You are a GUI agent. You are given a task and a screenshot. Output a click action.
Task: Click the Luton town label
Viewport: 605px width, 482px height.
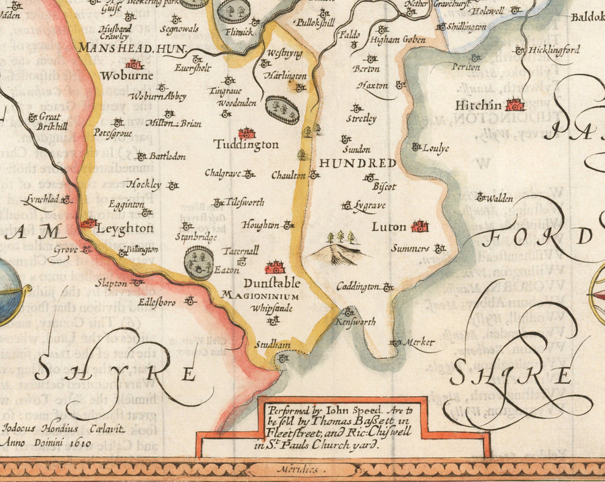tap(389, 228)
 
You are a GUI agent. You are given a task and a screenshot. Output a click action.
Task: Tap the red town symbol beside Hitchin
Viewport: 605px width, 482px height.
tap(515, 105)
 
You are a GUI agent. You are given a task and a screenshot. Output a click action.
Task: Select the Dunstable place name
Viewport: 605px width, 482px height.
tap(268, 283)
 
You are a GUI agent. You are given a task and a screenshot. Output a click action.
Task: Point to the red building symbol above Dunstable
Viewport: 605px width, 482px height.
tap(274, 267)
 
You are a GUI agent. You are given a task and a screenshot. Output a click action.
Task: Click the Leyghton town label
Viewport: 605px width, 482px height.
tap(126, 228)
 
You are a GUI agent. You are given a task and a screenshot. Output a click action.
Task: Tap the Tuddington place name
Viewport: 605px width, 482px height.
tap(246, 144)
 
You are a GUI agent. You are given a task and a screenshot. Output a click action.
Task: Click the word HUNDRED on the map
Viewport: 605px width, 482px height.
tap(357, 163)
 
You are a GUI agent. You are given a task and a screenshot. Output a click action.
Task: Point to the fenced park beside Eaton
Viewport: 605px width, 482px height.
tap(199, 262)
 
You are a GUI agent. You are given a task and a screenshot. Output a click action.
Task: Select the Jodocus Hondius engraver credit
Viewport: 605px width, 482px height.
tap(40, 428)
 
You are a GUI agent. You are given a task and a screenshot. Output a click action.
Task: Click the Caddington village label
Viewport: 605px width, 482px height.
tap(358, 287)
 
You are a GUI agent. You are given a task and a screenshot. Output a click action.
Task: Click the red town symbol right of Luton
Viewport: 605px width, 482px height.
tap(420, 226)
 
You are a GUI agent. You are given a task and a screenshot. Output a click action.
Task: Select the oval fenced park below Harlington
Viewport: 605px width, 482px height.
tap(281, 109)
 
